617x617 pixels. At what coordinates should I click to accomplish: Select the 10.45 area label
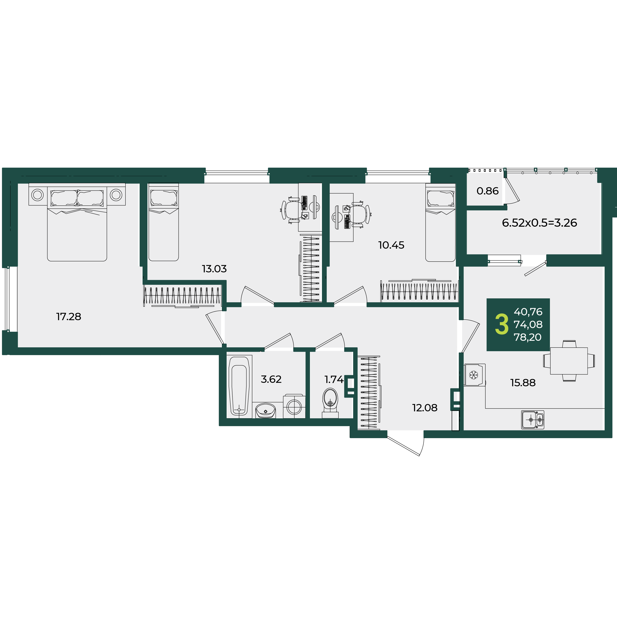point(391,245)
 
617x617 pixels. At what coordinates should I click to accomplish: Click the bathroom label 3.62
point(271,379)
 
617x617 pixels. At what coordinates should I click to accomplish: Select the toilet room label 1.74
point(334,379)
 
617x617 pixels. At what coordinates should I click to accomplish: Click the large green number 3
point(502,324)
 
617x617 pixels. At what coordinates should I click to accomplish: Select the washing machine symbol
point(294,406)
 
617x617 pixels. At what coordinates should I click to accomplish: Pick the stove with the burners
point(533,420)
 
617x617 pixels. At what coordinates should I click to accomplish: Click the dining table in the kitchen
point(569,361)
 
